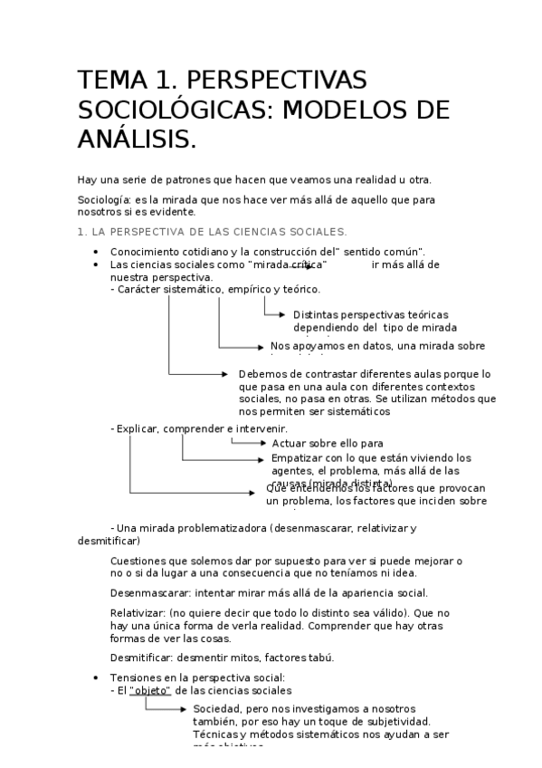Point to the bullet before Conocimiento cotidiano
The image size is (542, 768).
click(x=96, y=252)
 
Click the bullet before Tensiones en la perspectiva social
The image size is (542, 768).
click(x=96, y=677)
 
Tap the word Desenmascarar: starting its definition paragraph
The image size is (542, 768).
click(x=144, y=593)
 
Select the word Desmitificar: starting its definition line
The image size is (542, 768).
click(x=140, y=658)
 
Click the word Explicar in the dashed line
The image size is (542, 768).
click(x=137, y=428)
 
